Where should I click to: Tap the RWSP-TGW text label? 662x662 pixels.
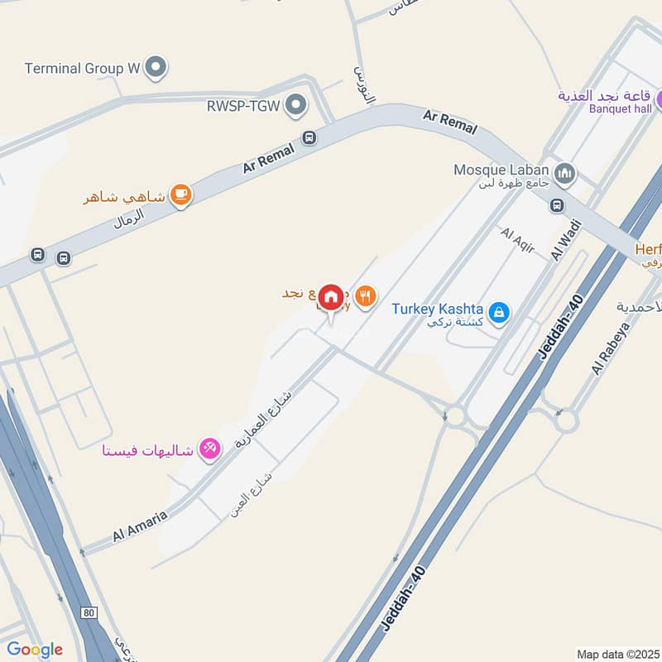(242, 105)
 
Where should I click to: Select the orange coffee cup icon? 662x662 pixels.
(180, 195)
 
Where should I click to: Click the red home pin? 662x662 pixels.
(331, 295)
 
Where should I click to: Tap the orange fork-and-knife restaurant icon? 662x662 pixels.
(365, 295)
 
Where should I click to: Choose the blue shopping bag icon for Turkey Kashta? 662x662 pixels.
(498, 312)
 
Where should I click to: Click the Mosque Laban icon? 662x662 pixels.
(566, 173)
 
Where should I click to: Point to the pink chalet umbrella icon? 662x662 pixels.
(210, 449)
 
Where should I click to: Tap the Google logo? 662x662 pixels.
(34, 649)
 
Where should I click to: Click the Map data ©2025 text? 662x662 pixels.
(617, 654)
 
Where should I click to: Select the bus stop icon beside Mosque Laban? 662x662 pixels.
(557, 205)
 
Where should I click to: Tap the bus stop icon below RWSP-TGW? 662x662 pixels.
(309, 137)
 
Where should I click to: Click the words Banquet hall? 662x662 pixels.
(619, 108)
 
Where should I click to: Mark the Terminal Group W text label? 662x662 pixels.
(83, 69)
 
